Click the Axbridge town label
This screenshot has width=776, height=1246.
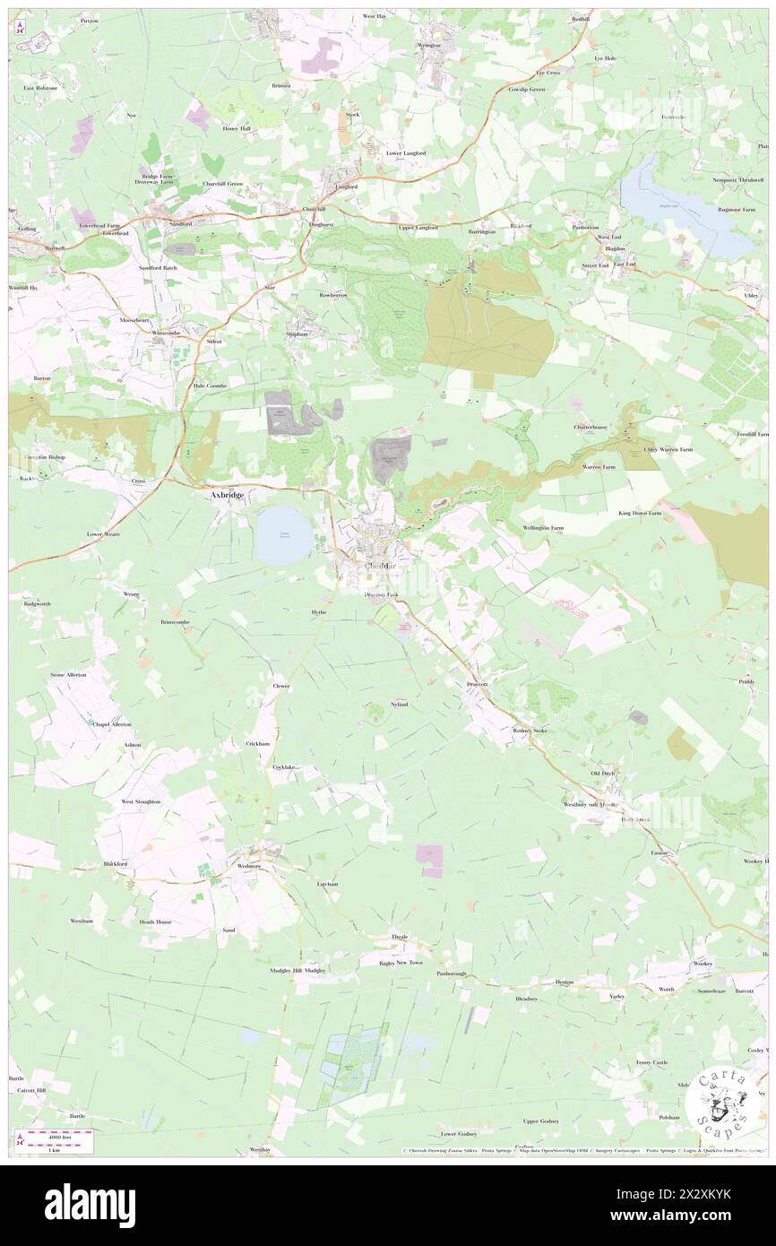[226, 494]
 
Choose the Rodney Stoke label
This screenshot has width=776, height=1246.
[528, 731]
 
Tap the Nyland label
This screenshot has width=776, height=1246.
[400, 705]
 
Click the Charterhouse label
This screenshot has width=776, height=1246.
[591, 427]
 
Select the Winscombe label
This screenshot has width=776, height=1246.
[168, 333]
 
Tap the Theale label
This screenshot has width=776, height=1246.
[400, 937]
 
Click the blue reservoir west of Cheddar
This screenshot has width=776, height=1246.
[284, 535]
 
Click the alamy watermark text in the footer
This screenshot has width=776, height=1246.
[90, 1204]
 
